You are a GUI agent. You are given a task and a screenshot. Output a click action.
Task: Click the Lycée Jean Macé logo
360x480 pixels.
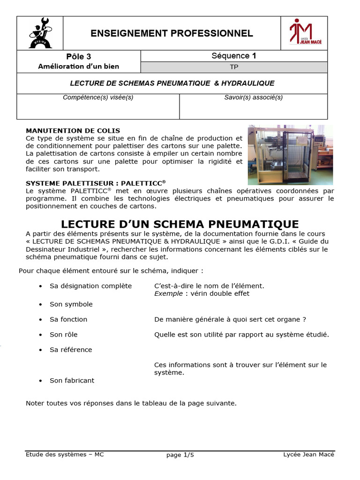[x=304, y=33]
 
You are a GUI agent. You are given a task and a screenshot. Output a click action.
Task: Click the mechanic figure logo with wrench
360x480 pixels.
[x=40, y=33]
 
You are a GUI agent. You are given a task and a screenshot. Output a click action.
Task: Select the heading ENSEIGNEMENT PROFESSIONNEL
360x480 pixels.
[x=172, y=33]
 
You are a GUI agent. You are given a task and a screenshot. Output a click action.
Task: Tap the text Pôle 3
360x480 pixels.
[x=78, y=57]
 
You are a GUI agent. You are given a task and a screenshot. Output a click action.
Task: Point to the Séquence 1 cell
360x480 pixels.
[x=233, y=56]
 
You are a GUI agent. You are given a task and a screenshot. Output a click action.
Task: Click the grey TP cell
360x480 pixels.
[x=234, y=67]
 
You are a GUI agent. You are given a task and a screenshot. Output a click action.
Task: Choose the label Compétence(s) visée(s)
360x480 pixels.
[x=98, y=97]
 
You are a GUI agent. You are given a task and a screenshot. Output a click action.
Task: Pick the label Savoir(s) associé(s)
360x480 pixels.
[x=254, y=97]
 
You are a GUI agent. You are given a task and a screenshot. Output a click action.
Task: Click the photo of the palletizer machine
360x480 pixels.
[x=290, y=155]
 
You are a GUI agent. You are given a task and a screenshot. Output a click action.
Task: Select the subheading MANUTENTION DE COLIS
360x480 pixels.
[x=73, y=131]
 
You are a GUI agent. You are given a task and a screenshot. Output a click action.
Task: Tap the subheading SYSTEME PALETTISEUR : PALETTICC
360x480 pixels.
[x=96, y=183]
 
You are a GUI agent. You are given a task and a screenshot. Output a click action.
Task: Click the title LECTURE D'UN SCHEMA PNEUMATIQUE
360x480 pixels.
[x=180, y=224]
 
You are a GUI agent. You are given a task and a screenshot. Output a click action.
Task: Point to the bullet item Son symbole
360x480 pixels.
[x=71, y=304]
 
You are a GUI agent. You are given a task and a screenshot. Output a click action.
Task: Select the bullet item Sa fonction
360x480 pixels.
[x=68, y=319]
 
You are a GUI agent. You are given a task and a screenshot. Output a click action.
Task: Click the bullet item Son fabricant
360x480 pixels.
[x=72, y=381]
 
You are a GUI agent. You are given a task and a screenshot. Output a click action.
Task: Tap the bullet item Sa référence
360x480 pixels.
[x=71, y=350]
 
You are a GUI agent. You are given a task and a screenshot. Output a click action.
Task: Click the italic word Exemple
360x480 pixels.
[x=168, y=294]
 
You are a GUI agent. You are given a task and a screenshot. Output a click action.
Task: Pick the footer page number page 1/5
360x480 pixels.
[x=180, y=455]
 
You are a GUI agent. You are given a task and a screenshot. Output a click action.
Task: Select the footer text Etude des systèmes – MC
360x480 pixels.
[x=65, y=454]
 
